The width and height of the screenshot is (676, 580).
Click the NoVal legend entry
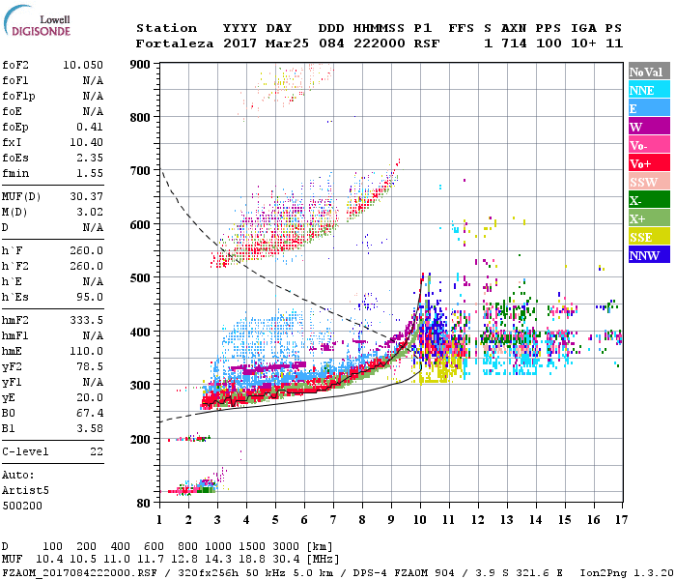(x=648, y=72)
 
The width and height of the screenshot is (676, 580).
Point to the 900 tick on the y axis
(x=142, y=64)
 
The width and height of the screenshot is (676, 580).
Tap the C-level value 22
(x=97, y=451)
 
